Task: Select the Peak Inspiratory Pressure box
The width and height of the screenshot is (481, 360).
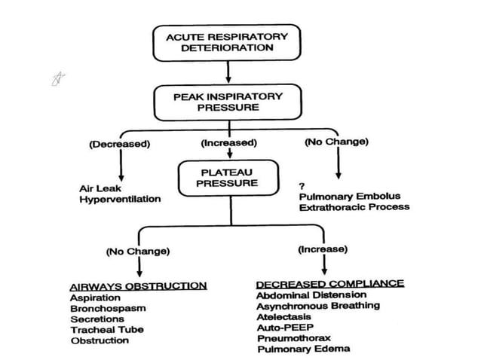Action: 228,102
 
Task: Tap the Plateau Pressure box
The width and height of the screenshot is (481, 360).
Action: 219,178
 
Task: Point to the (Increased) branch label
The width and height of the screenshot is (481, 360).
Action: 228,143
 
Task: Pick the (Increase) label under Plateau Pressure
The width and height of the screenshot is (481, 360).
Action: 322,249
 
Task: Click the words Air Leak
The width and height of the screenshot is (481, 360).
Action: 97,188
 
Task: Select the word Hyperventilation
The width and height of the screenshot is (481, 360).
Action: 120,200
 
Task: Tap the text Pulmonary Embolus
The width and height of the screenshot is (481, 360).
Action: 347,196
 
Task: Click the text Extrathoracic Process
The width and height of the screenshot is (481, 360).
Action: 354,206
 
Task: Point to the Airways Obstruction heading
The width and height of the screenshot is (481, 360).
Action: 138,286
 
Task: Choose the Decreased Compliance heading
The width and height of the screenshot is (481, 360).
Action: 329,284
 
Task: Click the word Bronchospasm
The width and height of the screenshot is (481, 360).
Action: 108,308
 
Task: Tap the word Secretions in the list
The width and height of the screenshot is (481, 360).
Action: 97,319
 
